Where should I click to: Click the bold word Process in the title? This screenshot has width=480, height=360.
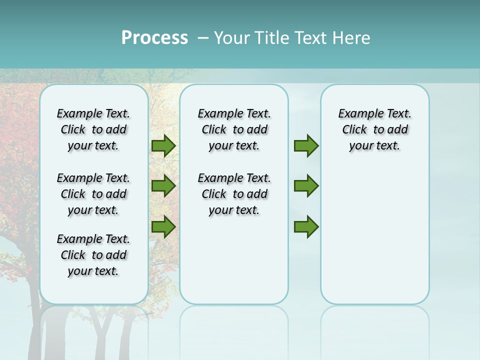pyautogui.click(x=154, y=38)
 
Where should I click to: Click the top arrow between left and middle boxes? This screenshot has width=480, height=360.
pyautogui.click(x=163, y=145)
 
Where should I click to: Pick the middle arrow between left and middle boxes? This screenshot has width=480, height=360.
pyautogui.click(x=163, y=186)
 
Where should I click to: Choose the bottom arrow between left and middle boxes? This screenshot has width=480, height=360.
pyautogui.click(x=163, y=226)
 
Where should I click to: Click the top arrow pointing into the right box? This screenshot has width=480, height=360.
pyautogui.click(x=306, y=145)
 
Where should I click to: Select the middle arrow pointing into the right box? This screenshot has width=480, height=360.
pyautogui.click(x=306, y=186)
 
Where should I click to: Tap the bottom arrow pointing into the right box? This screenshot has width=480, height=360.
pyautogui.click(x=306, y=226)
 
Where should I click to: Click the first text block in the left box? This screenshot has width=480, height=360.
pyautogui.click(x=93, y=129)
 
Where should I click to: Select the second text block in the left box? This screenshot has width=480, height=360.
pyautogui.click(x=93, y=194)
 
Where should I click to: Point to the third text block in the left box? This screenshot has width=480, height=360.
pyautogui.click(x=93, y=255)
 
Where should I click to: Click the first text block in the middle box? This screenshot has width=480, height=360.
pyautogui.click(x=234, y=129)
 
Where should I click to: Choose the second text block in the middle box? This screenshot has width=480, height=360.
pyautogui.click(x=234, y=194)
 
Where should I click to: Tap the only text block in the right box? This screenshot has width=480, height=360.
pyautogui.click(x=374, y=129)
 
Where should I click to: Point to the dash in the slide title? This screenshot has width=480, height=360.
pyautogui.click(x=203, y=38)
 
